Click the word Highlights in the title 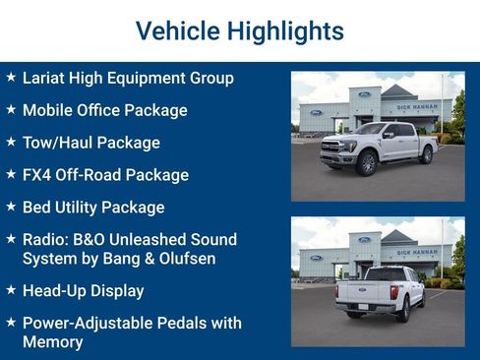tap(285, 30)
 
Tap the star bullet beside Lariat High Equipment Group tap(10, 77)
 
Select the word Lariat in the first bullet tap(45, 78)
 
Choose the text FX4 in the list tap(37, 175)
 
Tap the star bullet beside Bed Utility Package tap(10, 207)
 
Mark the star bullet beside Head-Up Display tap(10, 290)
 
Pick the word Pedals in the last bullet tap(183, 323)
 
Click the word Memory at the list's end tap(53, 342)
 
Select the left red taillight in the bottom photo tap(340, 288)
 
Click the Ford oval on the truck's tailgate tap(361, 289)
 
